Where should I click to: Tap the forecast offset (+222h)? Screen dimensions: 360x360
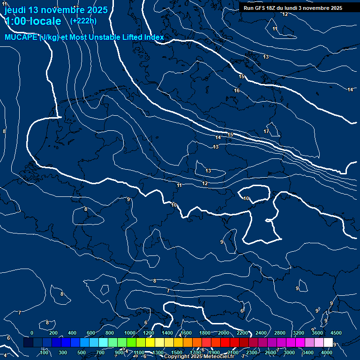point(83,21)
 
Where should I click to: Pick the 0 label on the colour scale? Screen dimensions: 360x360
point(32,333)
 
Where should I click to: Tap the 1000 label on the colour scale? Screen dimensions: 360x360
point(129,333)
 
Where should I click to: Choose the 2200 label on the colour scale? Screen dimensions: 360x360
point(242,333)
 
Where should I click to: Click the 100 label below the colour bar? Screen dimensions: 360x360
point(44,352)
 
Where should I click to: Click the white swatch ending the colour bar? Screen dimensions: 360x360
point(328,343)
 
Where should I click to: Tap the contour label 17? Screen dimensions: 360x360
point(266,131)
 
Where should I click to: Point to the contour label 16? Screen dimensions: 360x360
point(237,90)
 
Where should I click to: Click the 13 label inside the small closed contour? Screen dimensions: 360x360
point(208,171)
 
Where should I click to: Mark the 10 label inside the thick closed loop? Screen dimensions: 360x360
point(246,198)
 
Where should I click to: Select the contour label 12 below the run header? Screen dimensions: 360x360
point(285,14)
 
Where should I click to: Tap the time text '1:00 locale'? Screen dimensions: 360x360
point(33,21)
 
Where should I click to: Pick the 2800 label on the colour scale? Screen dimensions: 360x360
point(279,333)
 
